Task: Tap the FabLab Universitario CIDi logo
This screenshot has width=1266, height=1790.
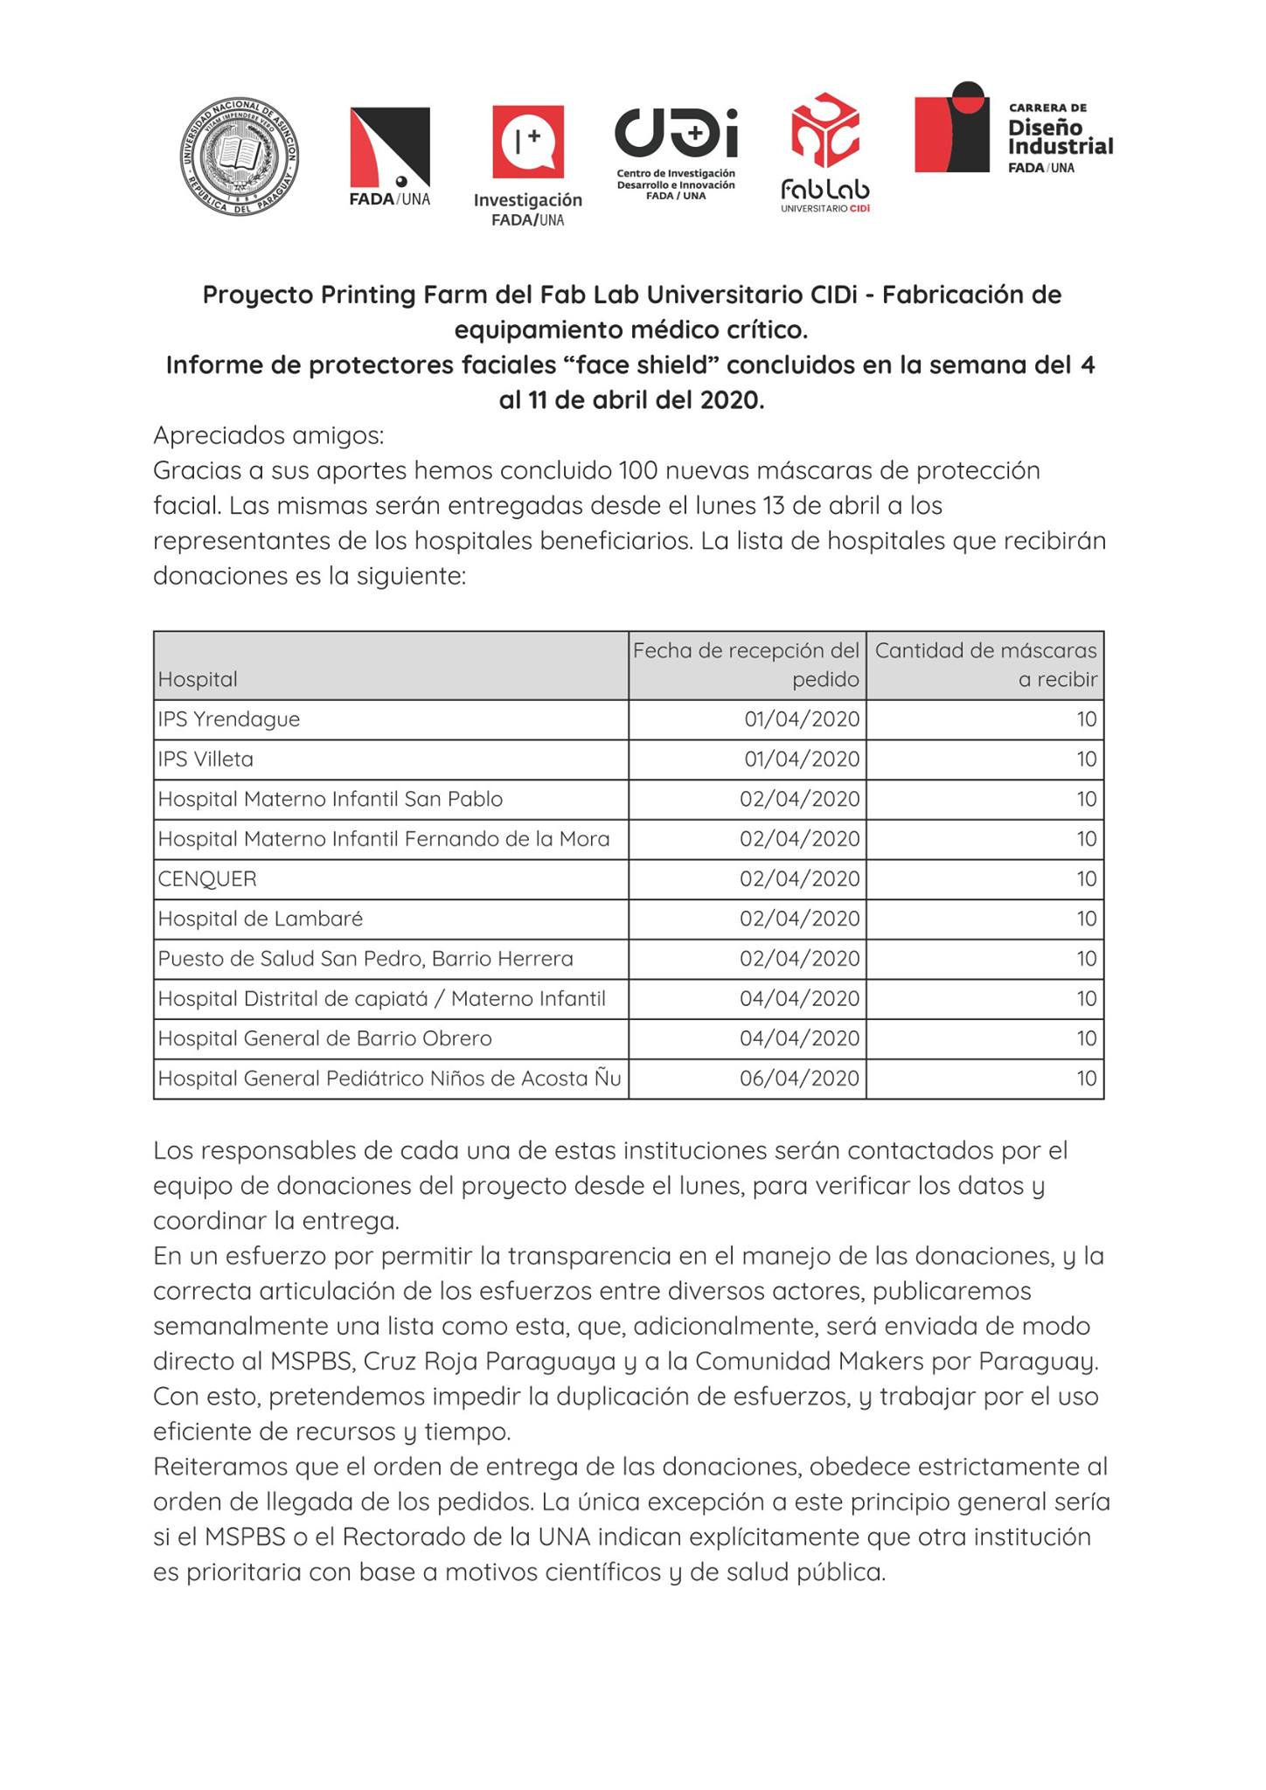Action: pyautogui.click(x=825, y=153)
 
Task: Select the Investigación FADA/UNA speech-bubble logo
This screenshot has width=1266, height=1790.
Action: pyautogui.click(x=527, y=165)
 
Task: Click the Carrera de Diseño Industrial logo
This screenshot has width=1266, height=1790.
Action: pyautogui.click(x=1013, y=128)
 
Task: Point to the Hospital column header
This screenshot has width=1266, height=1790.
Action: pyautogui.click(x=198, y=679)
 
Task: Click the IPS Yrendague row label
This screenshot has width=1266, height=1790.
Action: pyautogui.click(x=229, y=719)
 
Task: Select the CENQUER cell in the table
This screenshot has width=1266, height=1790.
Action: pyautogui.click(x=208, y=879)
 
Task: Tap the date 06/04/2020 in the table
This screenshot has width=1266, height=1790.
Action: pyautogui.click(x=799, y=1079)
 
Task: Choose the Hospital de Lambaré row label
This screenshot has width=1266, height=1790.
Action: pyautogui.click(x=261, y=919)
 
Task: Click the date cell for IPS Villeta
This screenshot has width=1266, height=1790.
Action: pyautogui.click(x=802, y=760)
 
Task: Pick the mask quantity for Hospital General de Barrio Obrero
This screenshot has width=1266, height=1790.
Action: pyautogui.click(x=1086, y=1038)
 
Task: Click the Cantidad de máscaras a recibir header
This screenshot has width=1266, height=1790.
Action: pyautogui.click(x=985, y=664)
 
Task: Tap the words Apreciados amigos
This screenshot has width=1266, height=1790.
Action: pyautogui.click(x=268, y=435)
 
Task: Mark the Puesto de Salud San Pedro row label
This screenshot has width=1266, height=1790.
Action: pyautogui.click(x=365, y=959)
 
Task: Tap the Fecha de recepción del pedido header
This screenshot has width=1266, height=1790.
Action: pyautogui.click(x=747, y=664)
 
